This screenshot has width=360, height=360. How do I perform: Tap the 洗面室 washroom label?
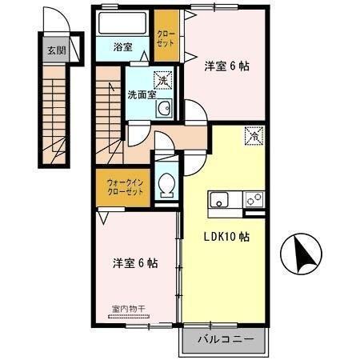tap(142, 94)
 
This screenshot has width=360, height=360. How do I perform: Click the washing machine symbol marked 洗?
tap(163, 81)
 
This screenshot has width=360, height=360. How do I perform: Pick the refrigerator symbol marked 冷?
tap(253, 136)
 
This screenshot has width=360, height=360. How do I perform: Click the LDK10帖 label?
tap(225, 237)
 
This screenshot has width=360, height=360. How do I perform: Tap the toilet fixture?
tap(167, 186)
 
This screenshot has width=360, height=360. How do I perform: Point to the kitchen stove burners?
tap(254, 198)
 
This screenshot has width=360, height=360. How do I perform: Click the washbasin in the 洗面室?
tap(163, 109)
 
